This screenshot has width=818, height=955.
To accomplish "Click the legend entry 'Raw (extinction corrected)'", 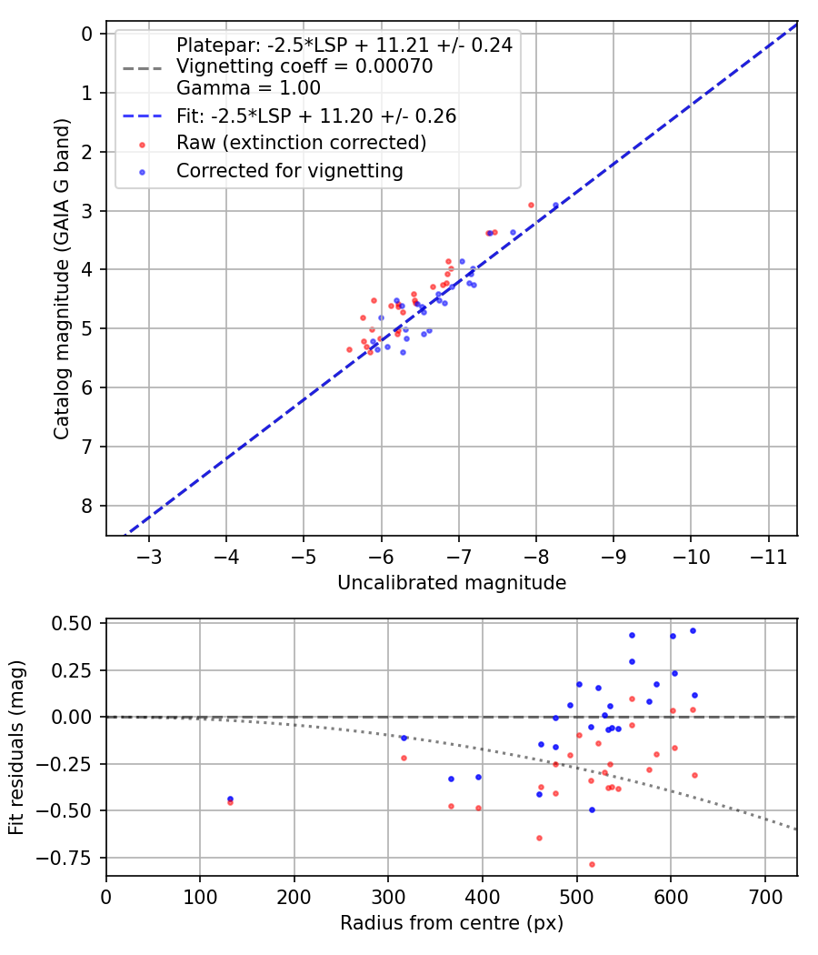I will coord(301,143).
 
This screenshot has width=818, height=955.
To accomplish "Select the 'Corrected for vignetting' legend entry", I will coord(290,170).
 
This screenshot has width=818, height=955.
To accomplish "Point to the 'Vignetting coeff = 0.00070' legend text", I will coord(304,66).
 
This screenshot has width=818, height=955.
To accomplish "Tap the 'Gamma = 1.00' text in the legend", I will coord(248,88).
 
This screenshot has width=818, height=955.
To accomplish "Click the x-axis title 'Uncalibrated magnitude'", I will coord(452,583).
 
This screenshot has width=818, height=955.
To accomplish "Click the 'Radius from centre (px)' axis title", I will coord(452,923).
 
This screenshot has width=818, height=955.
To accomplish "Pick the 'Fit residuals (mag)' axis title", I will coord(17,748).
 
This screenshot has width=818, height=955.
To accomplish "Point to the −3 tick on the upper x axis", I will coord(149,556).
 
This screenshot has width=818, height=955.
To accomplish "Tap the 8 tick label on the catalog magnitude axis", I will coord(87,506).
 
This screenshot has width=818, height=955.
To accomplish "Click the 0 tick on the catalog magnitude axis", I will coord(87,34).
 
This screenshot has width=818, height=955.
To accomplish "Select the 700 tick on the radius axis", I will coord(764,896).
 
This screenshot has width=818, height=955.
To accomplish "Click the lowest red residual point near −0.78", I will coord(592,864).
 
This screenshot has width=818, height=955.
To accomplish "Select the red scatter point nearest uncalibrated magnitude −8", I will coord(531,205).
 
